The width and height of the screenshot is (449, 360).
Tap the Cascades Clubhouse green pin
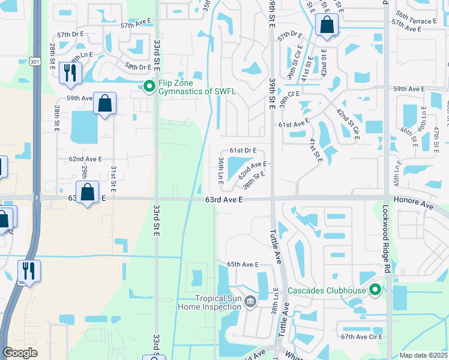pos(376,291)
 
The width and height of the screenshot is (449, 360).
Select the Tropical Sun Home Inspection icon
pos(250,301)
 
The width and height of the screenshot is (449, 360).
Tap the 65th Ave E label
pos(242,265)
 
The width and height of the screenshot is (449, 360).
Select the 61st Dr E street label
pos(243,150)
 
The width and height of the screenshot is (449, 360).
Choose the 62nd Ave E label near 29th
pos(85,159)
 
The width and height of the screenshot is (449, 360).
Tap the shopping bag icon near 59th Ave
pos(105,103)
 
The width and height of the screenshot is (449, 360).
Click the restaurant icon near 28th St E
pos(71,73)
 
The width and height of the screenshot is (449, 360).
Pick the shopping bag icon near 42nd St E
pos(327,25)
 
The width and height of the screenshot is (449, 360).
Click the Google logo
pos(20,353)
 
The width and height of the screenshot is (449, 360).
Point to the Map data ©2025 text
pos(423,355)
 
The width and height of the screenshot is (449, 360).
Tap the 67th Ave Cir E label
pos(362,337)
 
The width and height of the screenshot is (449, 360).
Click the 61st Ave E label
pos(294,123)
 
